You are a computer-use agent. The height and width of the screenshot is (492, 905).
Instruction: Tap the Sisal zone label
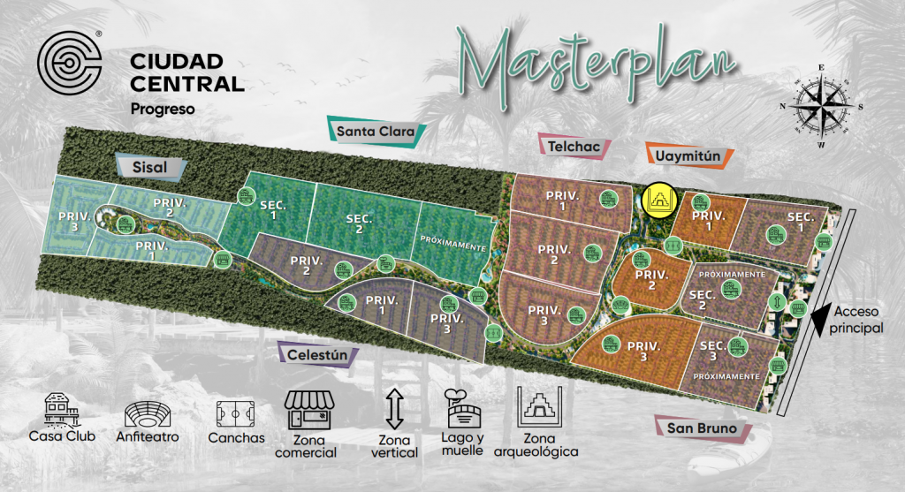pos(150,167)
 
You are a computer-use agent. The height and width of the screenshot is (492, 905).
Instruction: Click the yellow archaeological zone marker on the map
pos(658,201)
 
